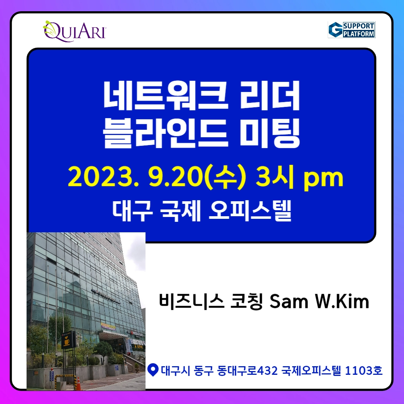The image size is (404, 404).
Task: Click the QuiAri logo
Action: (74, 31)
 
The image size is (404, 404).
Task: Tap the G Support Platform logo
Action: (351, 30)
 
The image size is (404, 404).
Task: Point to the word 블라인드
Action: (165, 133)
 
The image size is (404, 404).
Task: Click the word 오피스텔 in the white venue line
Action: (250, 211)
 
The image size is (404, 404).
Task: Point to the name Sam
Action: (289, 301)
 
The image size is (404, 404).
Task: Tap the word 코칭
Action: (246, 301)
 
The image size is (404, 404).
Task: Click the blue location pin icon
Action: (153, 370)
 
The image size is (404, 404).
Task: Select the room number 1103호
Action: (364, 370)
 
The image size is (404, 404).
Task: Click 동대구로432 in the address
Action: (247, 370)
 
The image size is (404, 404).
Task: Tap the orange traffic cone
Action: (78, 383)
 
